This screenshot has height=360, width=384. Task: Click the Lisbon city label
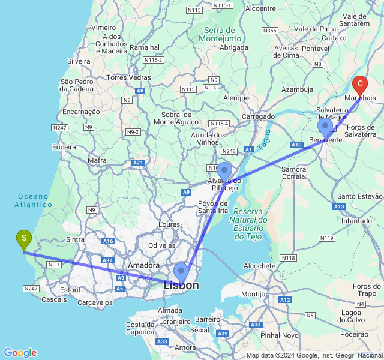pyautogui.click(x=181, y=286)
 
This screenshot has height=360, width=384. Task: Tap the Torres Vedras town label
pyautogui.click(x=128, y=77)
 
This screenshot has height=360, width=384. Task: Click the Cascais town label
pyautogui.click(x=55, y=299)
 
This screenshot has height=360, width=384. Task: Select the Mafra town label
pyautogui.click(x=97, y=160)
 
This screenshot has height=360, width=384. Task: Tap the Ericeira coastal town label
pyautogui.click(x=64, y=147)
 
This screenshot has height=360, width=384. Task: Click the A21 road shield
pyautogui.click(x=139, y=163)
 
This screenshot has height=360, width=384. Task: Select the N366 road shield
pyautogui.click(x=270, y=31)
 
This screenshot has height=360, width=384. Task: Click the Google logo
pyautogui.click(x=20, y=353)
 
